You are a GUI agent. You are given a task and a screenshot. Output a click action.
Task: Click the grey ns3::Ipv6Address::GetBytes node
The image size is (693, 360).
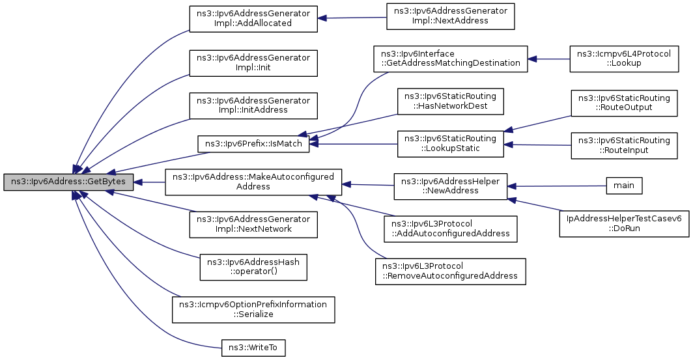tap(68, 182)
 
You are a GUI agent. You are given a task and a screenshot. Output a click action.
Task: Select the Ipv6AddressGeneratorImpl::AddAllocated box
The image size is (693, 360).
tap(253, 18)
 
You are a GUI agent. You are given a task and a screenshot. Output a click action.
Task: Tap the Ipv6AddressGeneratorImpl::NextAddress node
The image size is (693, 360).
tap(450, 16)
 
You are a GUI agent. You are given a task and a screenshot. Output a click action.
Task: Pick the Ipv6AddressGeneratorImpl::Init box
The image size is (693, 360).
tap(253, 62)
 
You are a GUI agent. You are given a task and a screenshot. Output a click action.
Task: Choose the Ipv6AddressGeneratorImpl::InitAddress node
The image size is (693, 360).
tap(253, 105)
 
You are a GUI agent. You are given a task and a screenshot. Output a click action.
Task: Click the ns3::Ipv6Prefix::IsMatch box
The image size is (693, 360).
tap(253, 144)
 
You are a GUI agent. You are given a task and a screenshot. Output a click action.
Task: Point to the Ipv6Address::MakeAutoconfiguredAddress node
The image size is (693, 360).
tap(253, 182)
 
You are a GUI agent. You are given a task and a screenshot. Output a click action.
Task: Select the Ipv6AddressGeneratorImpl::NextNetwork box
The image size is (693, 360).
tap(253, 225)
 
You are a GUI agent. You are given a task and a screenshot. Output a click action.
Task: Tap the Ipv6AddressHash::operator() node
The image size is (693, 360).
tap(253, 267)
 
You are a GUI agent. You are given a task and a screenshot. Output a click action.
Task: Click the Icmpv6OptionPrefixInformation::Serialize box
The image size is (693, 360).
tap(253, 309)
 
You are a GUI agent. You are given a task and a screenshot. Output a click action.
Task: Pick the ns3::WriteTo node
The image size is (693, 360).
tap(253, 348)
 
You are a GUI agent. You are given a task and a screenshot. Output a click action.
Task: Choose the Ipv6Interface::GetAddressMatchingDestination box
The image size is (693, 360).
tap(450, 59)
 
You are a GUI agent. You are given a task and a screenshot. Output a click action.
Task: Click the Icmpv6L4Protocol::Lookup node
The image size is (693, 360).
tap(623, 59)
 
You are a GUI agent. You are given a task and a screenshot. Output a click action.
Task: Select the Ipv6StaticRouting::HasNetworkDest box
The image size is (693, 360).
tap(450, 101)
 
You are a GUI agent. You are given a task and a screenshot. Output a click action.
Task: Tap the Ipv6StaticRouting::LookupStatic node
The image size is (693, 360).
tap(450, 144)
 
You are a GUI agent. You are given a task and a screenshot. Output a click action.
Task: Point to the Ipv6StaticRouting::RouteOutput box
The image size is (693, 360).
tap(623, 103)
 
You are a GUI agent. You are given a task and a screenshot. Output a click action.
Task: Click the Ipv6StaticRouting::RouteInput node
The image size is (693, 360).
tap(623, 145)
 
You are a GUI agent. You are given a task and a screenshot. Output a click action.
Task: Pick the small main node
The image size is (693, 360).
tap(623, 186)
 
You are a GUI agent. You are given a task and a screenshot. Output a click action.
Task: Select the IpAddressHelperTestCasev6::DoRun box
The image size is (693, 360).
tap(623, 224)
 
